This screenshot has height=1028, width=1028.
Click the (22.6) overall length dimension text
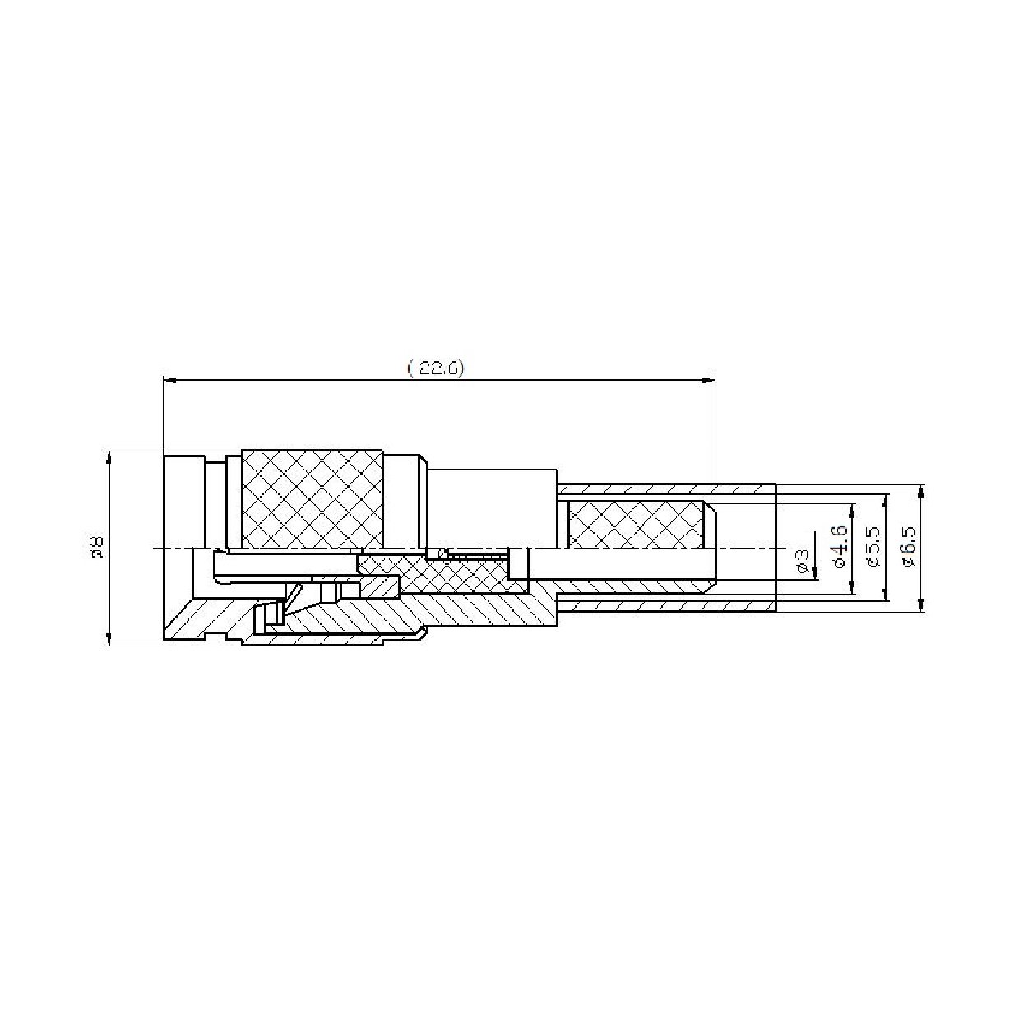435,368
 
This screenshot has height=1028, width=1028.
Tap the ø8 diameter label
97,548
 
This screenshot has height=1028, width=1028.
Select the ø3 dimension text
802,561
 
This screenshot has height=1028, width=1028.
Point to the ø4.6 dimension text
839,546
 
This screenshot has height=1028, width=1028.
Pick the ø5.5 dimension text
874,546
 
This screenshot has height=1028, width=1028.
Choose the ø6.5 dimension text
909,546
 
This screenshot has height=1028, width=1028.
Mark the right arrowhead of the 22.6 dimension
708,380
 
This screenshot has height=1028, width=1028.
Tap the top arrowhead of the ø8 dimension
109,458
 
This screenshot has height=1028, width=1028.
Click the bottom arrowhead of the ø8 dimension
109,639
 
